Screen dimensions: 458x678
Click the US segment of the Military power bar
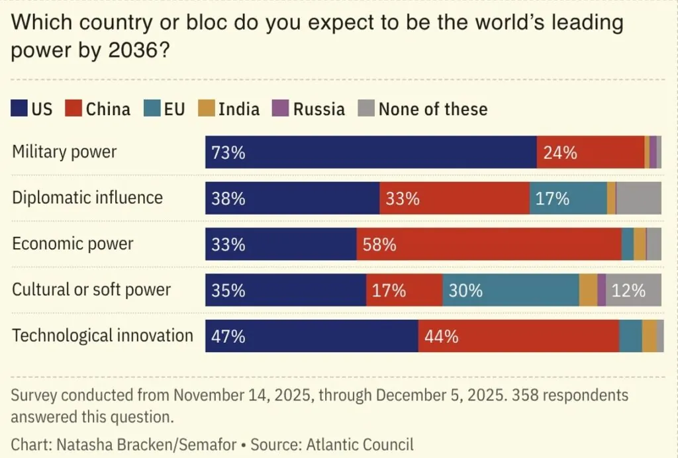tap(371, 152)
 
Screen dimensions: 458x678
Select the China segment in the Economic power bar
tap(489, 244)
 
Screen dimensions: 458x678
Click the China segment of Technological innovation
tap(518, 336)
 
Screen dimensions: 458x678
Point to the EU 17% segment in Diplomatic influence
tap(568, 198)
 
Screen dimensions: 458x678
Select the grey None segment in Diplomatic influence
tap(639, 198)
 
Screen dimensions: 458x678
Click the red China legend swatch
tap(74, 109)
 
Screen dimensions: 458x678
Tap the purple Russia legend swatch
tap(282, 109)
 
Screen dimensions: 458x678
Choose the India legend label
tap(239, 109)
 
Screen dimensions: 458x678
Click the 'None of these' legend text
tap(433, 109)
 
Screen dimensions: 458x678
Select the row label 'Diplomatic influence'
tap(87, 197)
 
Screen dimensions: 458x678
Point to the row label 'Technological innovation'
tap(103, 336)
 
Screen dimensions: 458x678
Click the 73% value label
tap(228, 153)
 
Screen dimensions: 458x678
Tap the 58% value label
tap(379, 245)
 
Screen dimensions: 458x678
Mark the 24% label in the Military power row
tap(560, 153)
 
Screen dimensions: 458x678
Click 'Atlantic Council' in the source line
tap(364, 444)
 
